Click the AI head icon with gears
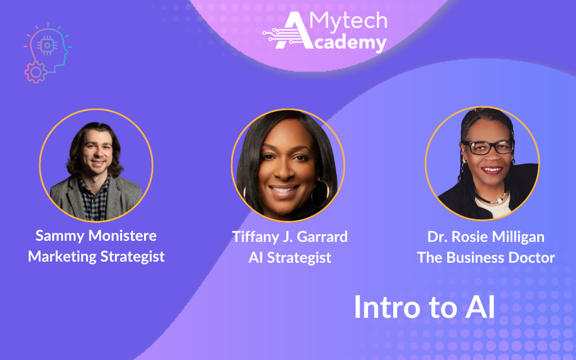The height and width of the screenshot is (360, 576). (47, 53)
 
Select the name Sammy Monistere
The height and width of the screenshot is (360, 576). (96, 235)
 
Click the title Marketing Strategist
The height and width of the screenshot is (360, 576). (96, 256)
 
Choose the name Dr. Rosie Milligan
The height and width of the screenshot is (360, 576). (485, 237)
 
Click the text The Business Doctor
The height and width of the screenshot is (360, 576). (485, 258)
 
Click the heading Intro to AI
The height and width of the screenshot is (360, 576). (424, 307)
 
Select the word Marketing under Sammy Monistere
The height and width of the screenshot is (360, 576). (62, 256)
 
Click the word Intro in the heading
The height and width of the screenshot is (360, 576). (382, 307)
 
